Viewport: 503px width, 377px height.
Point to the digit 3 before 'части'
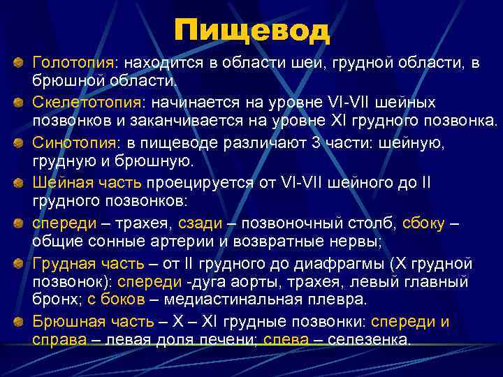[297, 143]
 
